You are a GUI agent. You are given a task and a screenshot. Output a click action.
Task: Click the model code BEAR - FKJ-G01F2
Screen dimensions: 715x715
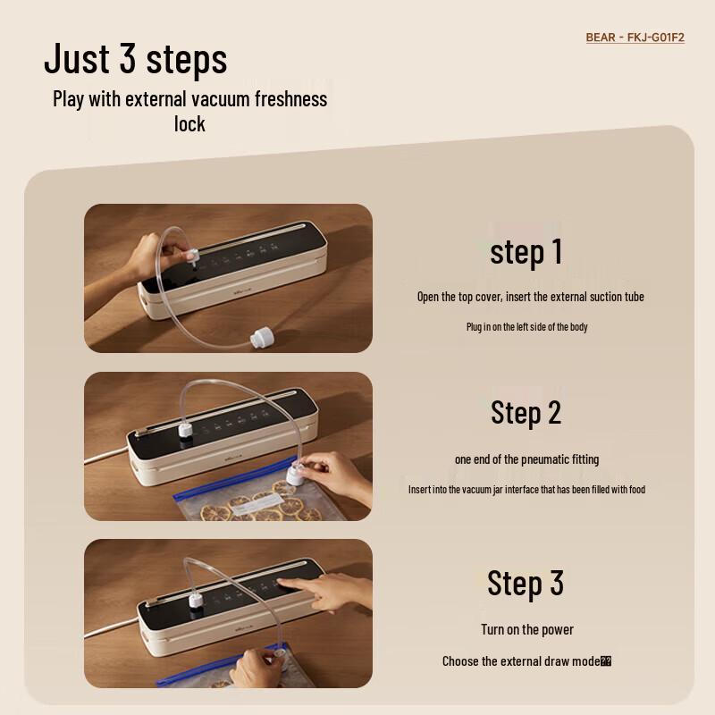[635, 38]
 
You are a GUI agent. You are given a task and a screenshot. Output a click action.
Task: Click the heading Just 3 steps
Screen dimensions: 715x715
[136, 58]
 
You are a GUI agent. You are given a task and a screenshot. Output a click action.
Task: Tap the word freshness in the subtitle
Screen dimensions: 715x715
[278, 98]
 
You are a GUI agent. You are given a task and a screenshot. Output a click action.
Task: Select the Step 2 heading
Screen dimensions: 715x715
[526, 412]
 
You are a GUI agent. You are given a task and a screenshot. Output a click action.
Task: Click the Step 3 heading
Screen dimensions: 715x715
[526, 582]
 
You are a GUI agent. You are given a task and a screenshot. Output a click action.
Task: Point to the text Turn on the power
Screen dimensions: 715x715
[527, 629]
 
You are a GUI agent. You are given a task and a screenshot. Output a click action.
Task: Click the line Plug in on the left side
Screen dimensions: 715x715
[527, 327]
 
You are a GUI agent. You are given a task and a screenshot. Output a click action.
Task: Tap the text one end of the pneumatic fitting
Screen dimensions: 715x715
[527, 459]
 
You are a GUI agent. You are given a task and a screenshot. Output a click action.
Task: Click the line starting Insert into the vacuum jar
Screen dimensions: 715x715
[527, 490]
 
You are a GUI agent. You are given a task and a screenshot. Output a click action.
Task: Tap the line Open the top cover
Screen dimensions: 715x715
[531, 297]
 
